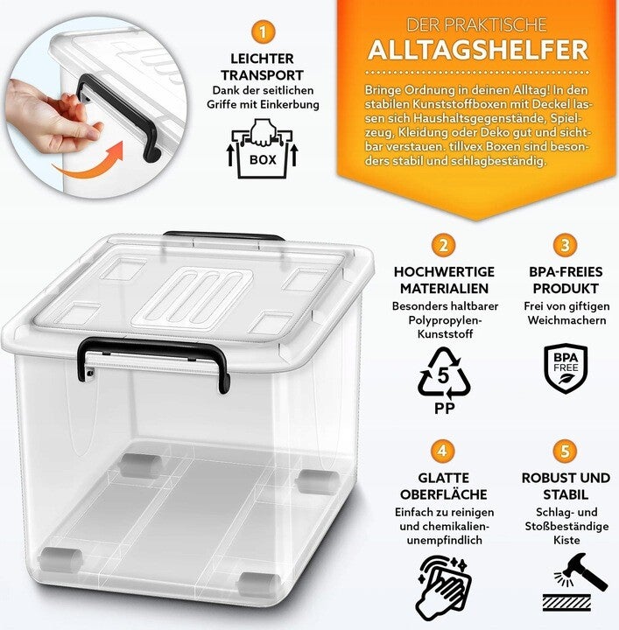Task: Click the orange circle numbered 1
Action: pos(263,32)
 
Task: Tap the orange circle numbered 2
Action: pos(443,245)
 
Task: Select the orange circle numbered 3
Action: pos(566,245)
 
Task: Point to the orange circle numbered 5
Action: pos(566,451)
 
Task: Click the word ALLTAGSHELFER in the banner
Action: pos(478,50)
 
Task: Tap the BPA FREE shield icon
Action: pos(566,367)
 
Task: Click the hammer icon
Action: pos(581,571)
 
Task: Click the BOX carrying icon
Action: pos(263,149)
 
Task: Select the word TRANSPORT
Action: pos(262,75)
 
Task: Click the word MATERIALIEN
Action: pos(444,289)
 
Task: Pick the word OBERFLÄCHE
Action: pos(443,494)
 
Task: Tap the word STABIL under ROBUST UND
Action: pos(566,494)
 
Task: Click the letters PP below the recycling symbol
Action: pos(445,409)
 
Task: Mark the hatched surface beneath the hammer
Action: pos(567,603)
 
